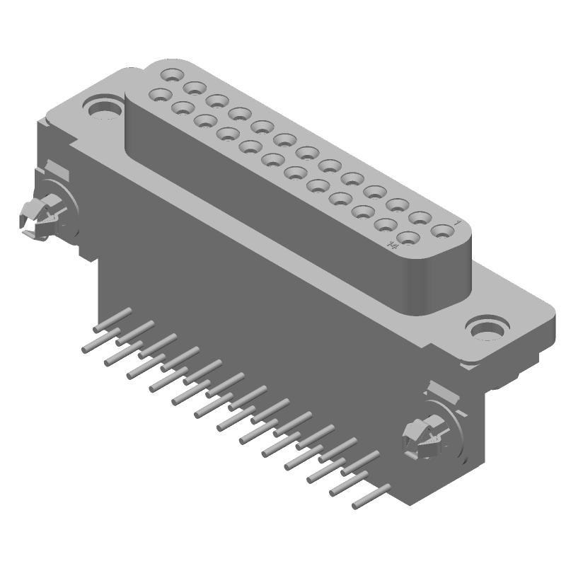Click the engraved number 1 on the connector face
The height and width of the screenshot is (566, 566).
coord(458,223)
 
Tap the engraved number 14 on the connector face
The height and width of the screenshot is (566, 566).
coord(391,245)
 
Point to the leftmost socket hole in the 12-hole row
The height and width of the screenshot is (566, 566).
coord(161,93)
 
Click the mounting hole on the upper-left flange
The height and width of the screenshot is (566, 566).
coord(104,108)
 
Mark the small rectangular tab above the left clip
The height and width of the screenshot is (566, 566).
coord(57,170)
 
